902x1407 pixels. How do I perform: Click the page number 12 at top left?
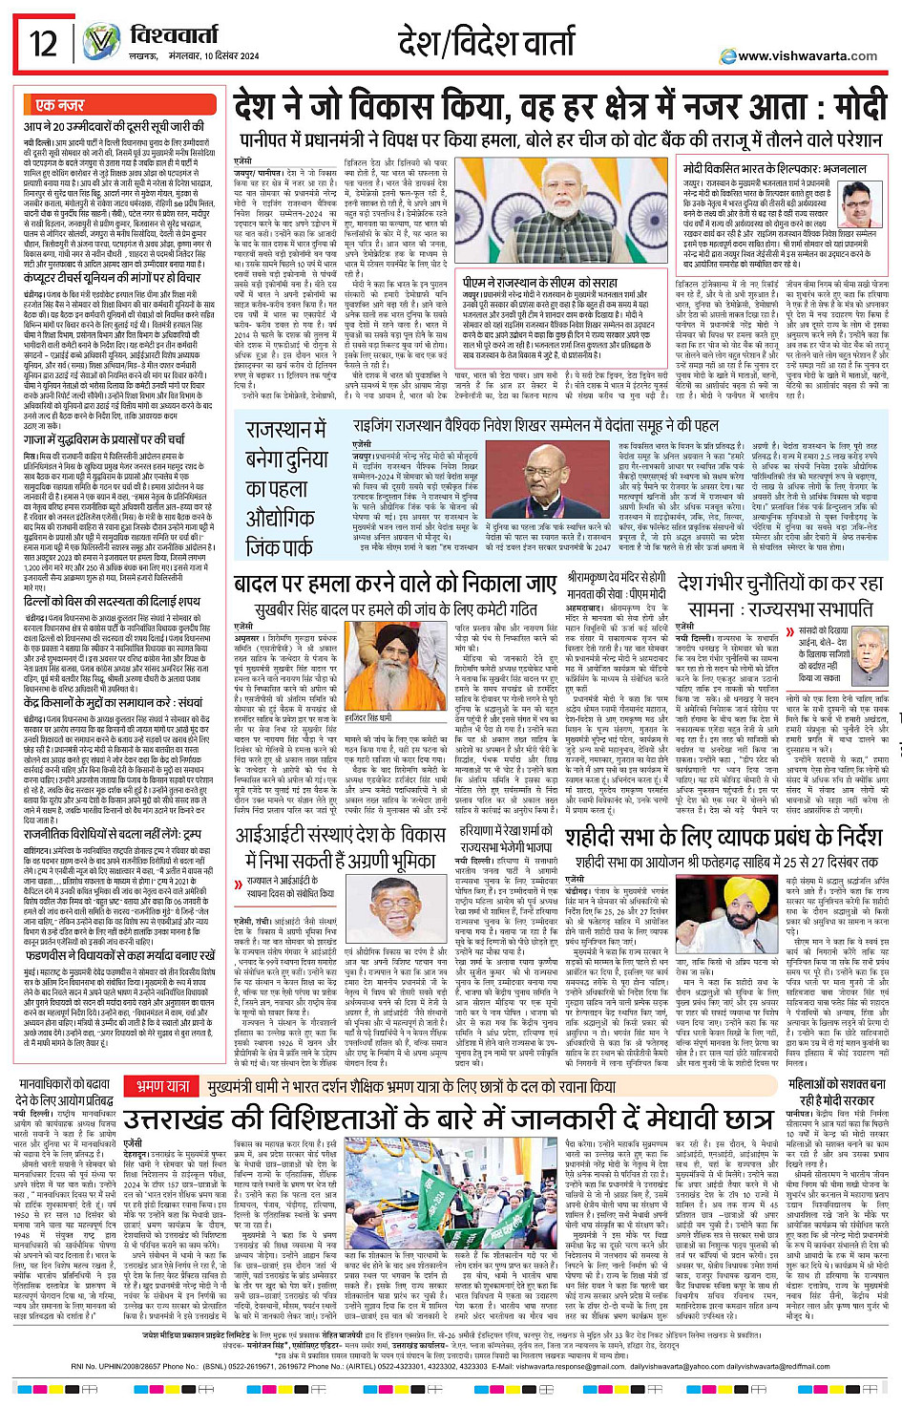pyautogui.click(x=43, y=43)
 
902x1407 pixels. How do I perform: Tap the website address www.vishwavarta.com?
pyautogui.click(x=807, y=56)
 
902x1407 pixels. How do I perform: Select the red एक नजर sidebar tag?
pyautogui.click(x=59, y=105)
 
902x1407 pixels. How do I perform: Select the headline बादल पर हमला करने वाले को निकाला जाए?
pyautogui.click(x=394, y=584)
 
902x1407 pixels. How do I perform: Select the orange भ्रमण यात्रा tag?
pyautogui.click(x=162, y=1059)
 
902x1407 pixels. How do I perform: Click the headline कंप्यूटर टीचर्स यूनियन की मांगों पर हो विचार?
pyautogui.click(x=112, y=278)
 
